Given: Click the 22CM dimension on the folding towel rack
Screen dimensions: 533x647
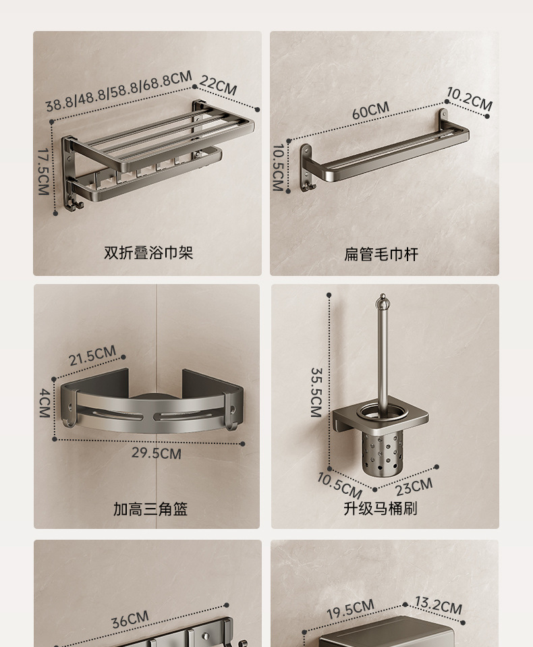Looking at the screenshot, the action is click(218, 86).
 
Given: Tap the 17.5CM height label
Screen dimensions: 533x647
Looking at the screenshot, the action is click(43, 171).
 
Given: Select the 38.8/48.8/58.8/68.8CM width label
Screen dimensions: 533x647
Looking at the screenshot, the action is click(119, 91).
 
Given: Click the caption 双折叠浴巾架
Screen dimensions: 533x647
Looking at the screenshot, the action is click(148, 253).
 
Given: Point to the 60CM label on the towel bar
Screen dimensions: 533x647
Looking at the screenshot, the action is click(370, 111).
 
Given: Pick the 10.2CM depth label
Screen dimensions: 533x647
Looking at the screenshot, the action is click(470, 99).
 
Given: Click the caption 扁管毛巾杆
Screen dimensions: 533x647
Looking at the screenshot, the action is click(381, 254).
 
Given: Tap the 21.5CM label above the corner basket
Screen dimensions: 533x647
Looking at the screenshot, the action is click(92, 356).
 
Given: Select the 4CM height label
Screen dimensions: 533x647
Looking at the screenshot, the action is click(45, 403).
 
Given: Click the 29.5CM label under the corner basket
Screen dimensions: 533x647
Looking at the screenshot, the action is click(157, 453).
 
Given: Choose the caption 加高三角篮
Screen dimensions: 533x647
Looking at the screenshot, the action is click(150, 509).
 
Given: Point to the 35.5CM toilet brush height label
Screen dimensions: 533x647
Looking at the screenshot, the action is click(316, 393).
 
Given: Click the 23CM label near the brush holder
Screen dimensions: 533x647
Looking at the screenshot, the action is click(414, 487).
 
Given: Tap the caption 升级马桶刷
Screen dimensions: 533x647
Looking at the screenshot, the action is click(381, 509).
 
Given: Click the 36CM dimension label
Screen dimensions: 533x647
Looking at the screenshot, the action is click(130, 619).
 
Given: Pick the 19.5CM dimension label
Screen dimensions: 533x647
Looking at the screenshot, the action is click(350, 609).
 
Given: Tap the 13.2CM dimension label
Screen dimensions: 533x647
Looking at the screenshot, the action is click(438, 605).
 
